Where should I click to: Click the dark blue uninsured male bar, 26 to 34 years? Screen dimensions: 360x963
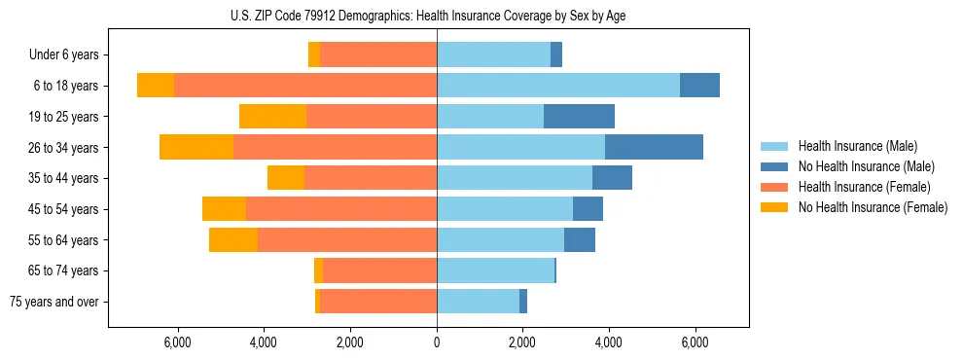[x=654, y=147]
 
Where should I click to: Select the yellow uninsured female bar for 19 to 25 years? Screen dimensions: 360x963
[x=272, y=117]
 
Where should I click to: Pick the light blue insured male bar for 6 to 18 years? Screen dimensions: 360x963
[x=557, y=86]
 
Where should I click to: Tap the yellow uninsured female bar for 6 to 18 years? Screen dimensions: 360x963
[x=156, y=86]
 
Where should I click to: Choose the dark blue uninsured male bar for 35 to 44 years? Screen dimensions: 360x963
[x=612, y=178]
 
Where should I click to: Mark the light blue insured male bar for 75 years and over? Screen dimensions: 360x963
[x=478, y=302]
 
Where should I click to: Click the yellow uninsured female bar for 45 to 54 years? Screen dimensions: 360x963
[x=224, y=209]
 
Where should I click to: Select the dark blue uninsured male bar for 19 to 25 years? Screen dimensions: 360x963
[x=579, y=117]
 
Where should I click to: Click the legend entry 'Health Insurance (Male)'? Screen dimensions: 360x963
[x=852, y=147]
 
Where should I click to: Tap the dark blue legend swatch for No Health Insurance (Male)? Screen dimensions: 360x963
[x=775, y=167]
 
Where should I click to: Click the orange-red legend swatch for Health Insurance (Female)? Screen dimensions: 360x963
[x=775, y=187]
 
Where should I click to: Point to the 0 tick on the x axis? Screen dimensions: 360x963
[x=437, y=342]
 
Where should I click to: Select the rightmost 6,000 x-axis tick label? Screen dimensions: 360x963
[x=695, y=342]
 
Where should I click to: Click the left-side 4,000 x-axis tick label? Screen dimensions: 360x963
[x=264, y=342]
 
